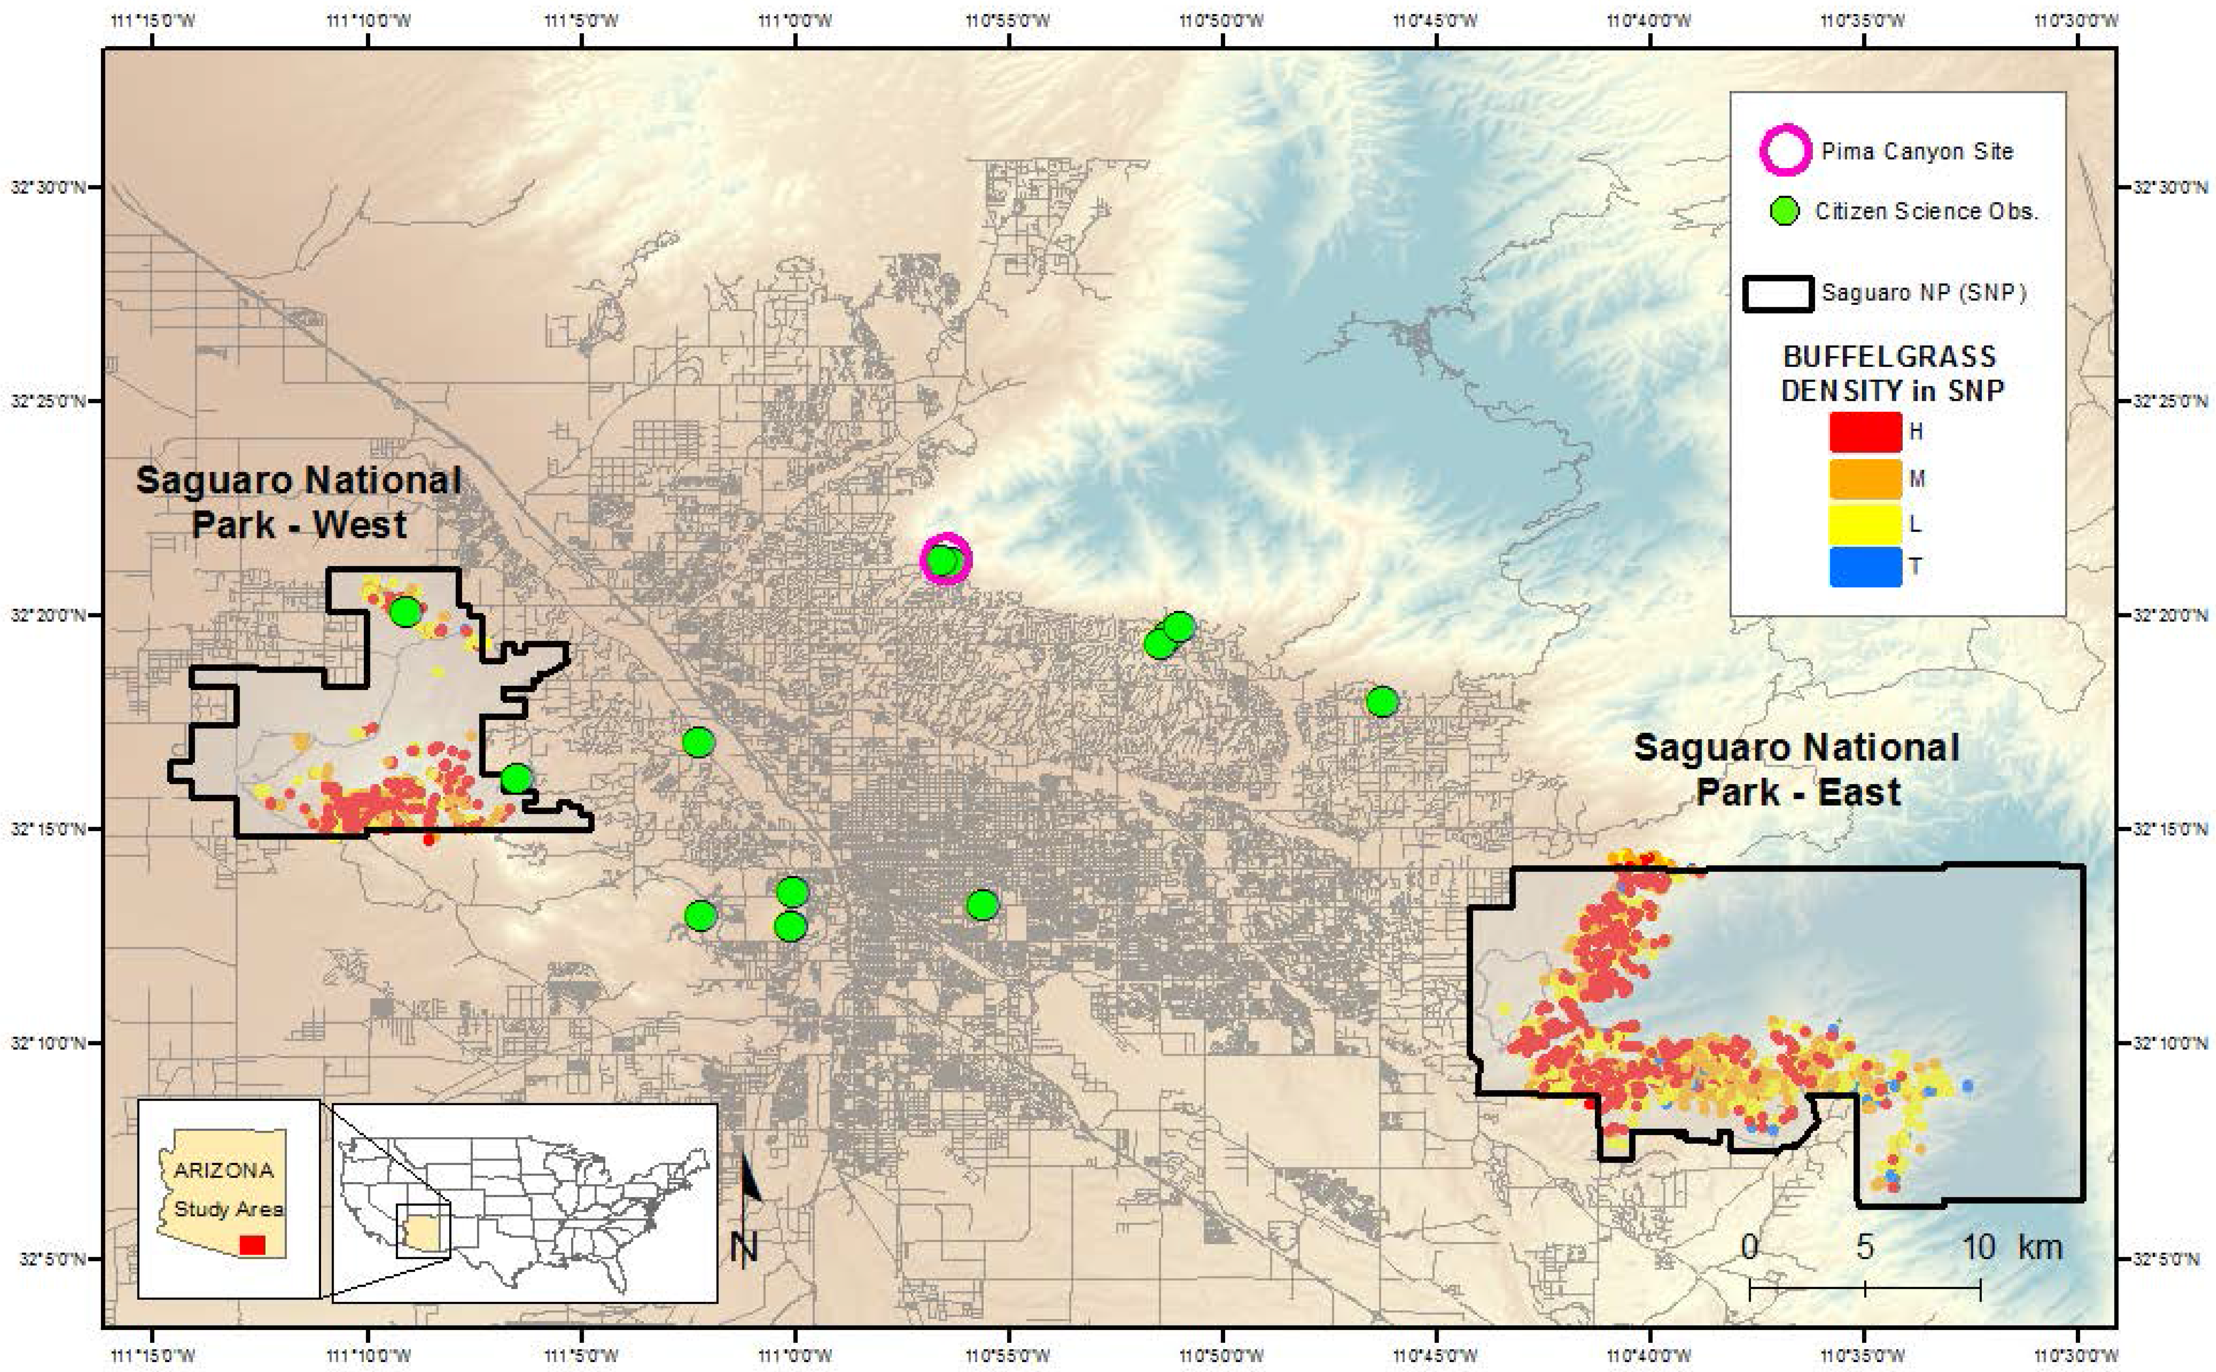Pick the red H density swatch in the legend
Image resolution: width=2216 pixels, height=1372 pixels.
(1865, 432)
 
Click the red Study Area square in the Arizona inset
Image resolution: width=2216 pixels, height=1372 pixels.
(252, 1245)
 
